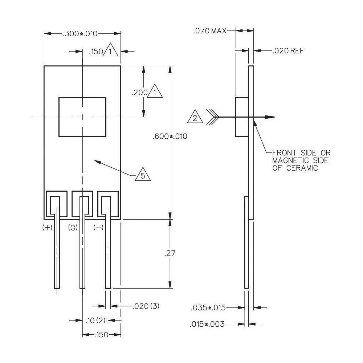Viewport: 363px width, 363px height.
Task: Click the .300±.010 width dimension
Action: [x=80, y=34]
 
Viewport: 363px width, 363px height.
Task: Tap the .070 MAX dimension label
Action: [x=209, y=31]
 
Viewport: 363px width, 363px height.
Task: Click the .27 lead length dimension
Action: [x=170, y=253]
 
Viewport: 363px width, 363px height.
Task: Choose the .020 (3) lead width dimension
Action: [x=144, y=306]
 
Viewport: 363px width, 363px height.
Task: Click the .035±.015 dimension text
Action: [x=208, y=308]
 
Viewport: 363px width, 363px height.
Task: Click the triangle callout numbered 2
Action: [x=195, y=118]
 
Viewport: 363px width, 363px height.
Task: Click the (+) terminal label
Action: [x=47, y=228]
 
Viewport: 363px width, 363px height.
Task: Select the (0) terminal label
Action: [x=73, y=228]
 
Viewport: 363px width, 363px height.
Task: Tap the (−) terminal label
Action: [x=98, y=228]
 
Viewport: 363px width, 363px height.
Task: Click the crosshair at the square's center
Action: [x=82, y=117]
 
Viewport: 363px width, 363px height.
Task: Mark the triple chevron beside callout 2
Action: [x=213, y=117]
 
